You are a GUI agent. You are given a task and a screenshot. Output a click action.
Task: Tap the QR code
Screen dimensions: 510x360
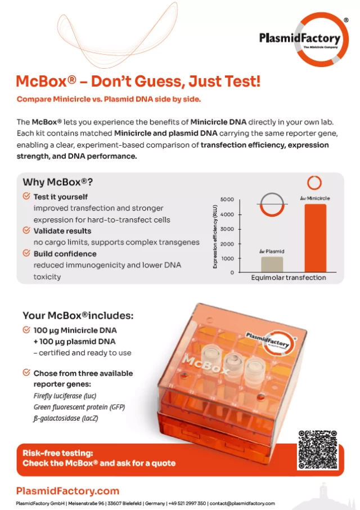point(318,450)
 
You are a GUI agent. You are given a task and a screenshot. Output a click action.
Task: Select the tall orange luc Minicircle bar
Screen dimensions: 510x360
point(315,238)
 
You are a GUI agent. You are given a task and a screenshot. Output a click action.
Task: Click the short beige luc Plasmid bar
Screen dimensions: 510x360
point(272,264)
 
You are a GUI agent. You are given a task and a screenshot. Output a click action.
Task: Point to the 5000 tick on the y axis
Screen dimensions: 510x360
point(227,200)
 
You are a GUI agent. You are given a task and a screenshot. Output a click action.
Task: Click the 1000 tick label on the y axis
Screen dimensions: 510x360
point(228,258)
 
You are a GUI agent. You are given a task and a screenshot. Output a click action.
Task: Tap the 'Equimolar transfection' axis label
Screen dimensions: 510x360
point(288,278)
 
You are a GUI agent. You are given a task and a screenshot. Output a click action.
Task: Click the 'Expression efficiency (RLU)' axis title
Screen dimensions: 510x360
point(215,236)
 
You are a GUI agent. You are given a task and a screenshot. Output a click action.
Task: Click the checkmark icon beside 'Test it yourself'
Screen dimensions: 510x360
point(26,196)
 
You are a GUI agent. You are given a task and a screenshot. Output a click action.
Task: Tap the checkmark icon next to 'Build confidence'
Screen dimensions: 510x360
point(26,253)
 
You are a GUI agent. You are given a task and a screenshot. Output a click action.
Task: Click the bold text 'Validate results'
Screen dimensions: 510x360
point(62,231)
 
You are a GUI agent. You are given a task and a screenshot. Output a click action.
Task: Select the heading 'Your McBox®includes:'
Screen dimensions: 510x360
point(78,315)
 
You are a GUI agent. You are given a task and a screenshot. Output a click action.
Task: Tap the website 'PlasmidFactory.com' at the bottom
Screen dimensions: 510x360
point(67,491)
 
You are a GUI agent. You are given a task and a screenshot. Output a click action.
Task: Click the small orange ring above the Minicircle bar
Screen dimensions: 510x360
point(314,183)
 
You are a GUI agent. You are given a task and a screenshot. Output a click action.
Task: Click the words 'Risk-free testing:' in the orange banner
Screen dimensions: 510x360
point(57,453)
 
